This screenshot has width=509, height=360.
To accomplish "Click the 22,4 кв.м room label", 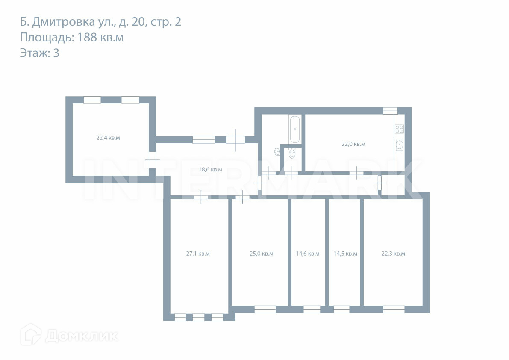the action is tap(108, 138).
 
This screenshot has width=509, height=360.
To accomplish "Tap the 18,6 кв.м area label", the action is tap(210, 169).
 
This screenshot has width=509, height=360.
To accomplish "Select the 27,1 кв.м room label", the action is tap(198, 254).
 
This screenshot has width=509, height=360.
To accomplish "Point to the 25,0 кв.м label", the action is tap(261, 254).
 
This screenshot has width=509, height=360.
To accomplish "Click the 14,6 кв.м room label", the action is tap(308, 254).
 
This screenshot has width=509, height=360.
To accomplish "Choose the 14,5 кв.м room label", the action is tap(345, 254).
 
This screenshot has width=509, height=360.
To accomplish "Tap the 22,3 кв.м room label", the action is tap(393, 254).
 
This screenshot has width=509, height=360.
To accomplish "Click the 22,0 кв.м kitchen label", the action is tap(353, 144).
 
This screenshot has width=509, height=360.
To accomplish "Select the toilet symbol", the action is tap(292, 153).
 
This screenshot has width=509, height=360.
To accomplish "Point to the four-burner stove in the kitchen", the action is tap(399, 129).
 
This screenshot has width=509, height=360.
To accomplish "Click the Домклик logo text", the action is tap(82, 336).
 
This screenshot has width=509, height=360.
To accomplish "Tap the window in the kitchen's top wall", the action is tap(390, 111).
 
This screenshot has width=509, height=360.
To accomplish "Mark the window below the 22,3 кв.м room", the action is tap(394, 309).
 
